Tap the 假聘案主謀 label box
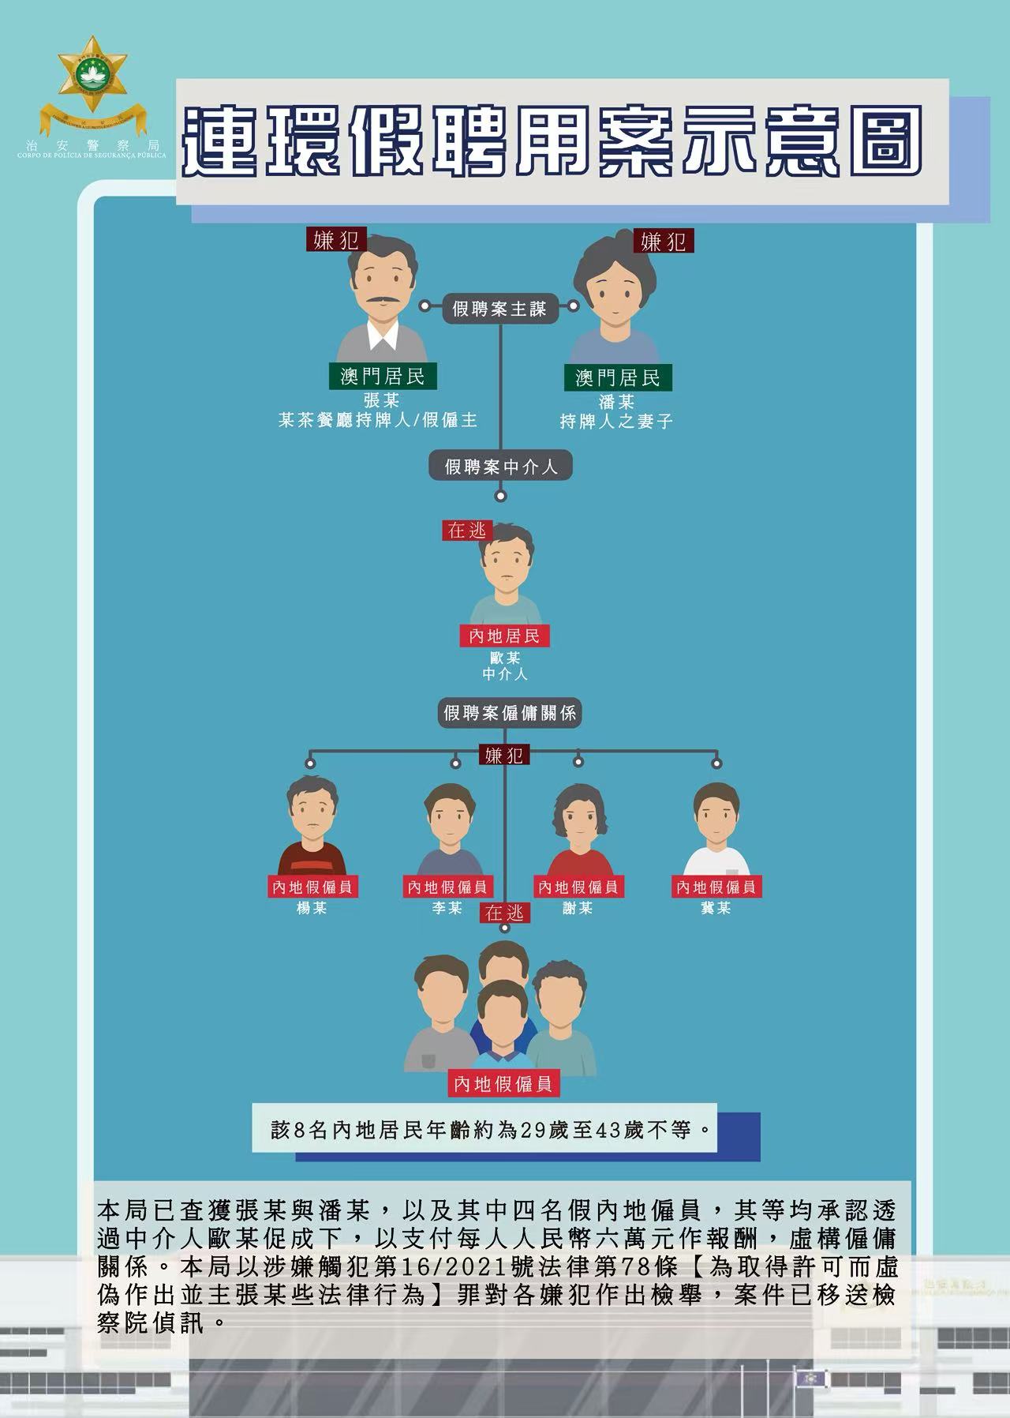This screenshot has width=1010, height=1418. click(x=499, y=309)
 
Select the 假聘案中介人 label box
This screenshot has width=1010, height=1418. click(x=500, y=466)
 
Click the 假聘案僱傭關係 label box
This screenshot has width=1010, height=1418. click(x=510, y=713)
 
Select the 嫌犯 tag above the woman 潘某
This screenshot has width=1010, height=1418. click(x=663, y=241)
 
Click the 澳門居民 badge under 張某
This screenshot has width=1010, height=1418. click(x=383, y=377)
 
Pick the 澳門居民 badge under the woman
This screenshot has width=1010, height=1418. click(x=617, y=377)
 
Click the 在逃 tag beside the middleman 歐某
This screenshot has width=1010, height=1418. click(x=467, y=531)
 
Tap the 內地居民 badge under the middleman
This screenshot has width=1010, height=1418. click(x=504, y=636)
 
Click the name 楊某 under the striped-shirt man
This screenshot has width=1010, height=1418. click(x=311, y=908)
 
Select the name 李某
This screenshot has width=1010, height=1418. click(x=447, y=908)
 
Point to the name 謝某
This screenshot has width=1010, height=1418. click(x=578, y=908)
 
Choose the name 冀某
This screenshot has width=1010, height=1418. click(x=716, y=908)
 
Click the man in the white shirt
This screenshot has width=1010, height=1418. click(x=716, y=829)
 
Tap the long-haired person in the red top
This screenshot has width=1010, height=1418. click(x=578, y=830)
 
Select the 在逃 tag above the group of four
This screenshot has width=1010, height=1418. click(x=504, y=913)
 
